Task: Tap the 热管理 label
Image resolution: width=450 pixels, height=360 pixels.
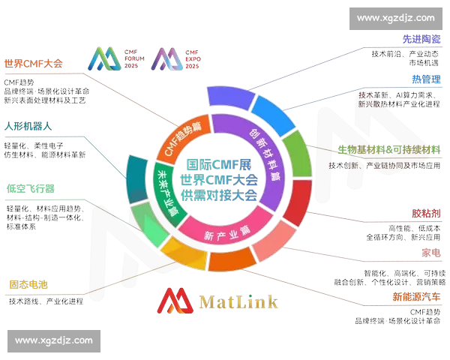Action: coord(426,79)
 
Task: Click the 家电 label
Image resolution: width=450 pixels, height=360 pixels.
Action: coord(430,253)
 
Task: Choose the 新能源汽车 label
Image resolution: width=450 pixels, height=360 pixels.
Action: coord(416,295)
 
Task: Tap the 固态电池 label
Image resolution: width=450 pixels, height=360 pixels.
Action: coord(28,285)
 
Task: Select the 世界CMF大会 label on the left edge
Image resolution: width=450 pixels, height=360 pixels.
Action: coord(33,64)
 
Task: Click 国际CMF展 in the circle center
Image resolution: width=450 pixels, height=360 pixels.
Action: coord(220,164)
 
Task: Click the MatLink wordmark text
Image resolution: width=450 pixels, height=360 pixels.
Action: coord(239,301)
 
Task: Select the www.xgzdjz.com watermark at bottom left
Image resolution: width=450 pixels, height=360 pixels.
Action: coord(54,340)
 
